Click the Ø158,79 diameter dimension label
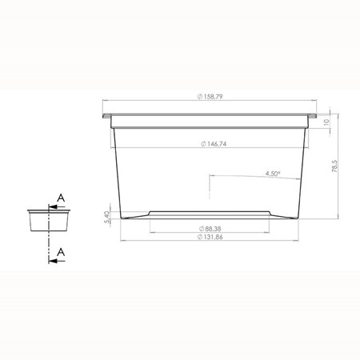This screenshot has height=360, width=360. pos(210,97)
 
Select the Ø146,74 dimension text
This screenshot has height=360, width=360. pos(214,144)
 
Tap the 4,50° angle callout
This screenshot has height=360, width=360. pos(273,174)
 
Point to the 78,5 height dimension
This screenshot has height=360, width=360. pos(334,166)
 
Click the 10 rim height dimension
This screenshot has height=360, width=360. pos(326,122)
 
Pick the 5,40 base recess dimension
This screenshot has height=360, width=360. pos(106,218)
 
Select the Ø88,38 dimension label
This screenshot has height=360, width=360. pos(210,229)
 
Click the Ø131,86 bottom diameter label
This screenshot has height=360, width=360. pos(210,237)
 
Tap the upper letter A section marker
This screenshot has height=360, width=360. pos(61,198)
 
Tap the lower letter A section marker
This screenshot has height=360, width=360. pos(61,252)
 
